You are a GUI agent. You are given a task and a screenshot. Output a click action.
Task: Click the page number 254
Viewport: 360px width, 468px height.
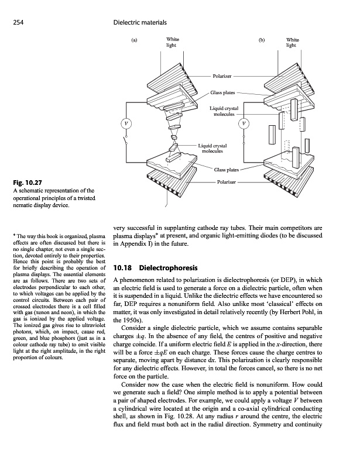click(x=18, y=23)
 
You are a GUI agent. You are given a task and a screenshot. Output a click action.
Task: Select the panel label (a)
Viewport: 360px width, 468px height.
click(x=135, y=41)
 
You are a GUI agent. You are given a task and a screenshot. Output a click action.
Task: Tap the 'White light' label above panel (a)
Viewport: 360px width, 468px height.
click(x=172, y=42)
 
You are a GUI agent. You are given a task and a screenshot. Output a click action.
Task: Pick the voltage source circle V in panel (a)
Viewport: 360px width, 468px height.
click(x=125, y=122)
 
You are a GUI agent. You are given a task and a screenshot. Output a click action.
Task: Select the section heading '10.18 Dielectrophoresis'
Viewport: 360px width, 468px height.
click(x=153, y=269)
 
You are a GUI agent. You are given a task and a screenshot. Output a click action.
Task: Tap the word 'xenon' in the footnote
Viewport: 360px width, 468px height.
click(x=39, y=302)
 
